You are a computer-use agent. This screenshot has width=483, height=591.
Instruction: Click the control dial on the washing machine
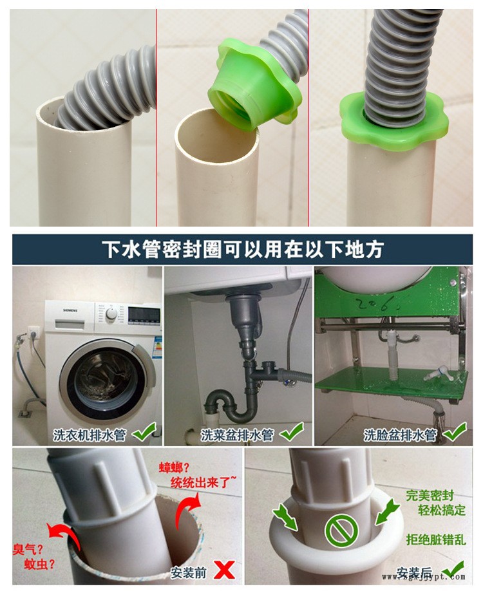coord(112,314)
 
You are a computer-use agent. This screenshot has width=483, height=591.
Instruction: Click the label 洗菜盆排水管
coord(237,435)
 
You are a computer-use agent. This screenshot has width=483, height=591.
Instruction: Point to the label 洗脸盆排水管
coord(399,435)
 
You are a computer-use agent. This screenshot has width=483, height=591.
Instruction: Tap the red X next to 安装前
coord(223,568)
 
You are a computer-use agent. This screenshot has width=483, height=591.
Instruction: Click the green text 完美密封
coord(430,496)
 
